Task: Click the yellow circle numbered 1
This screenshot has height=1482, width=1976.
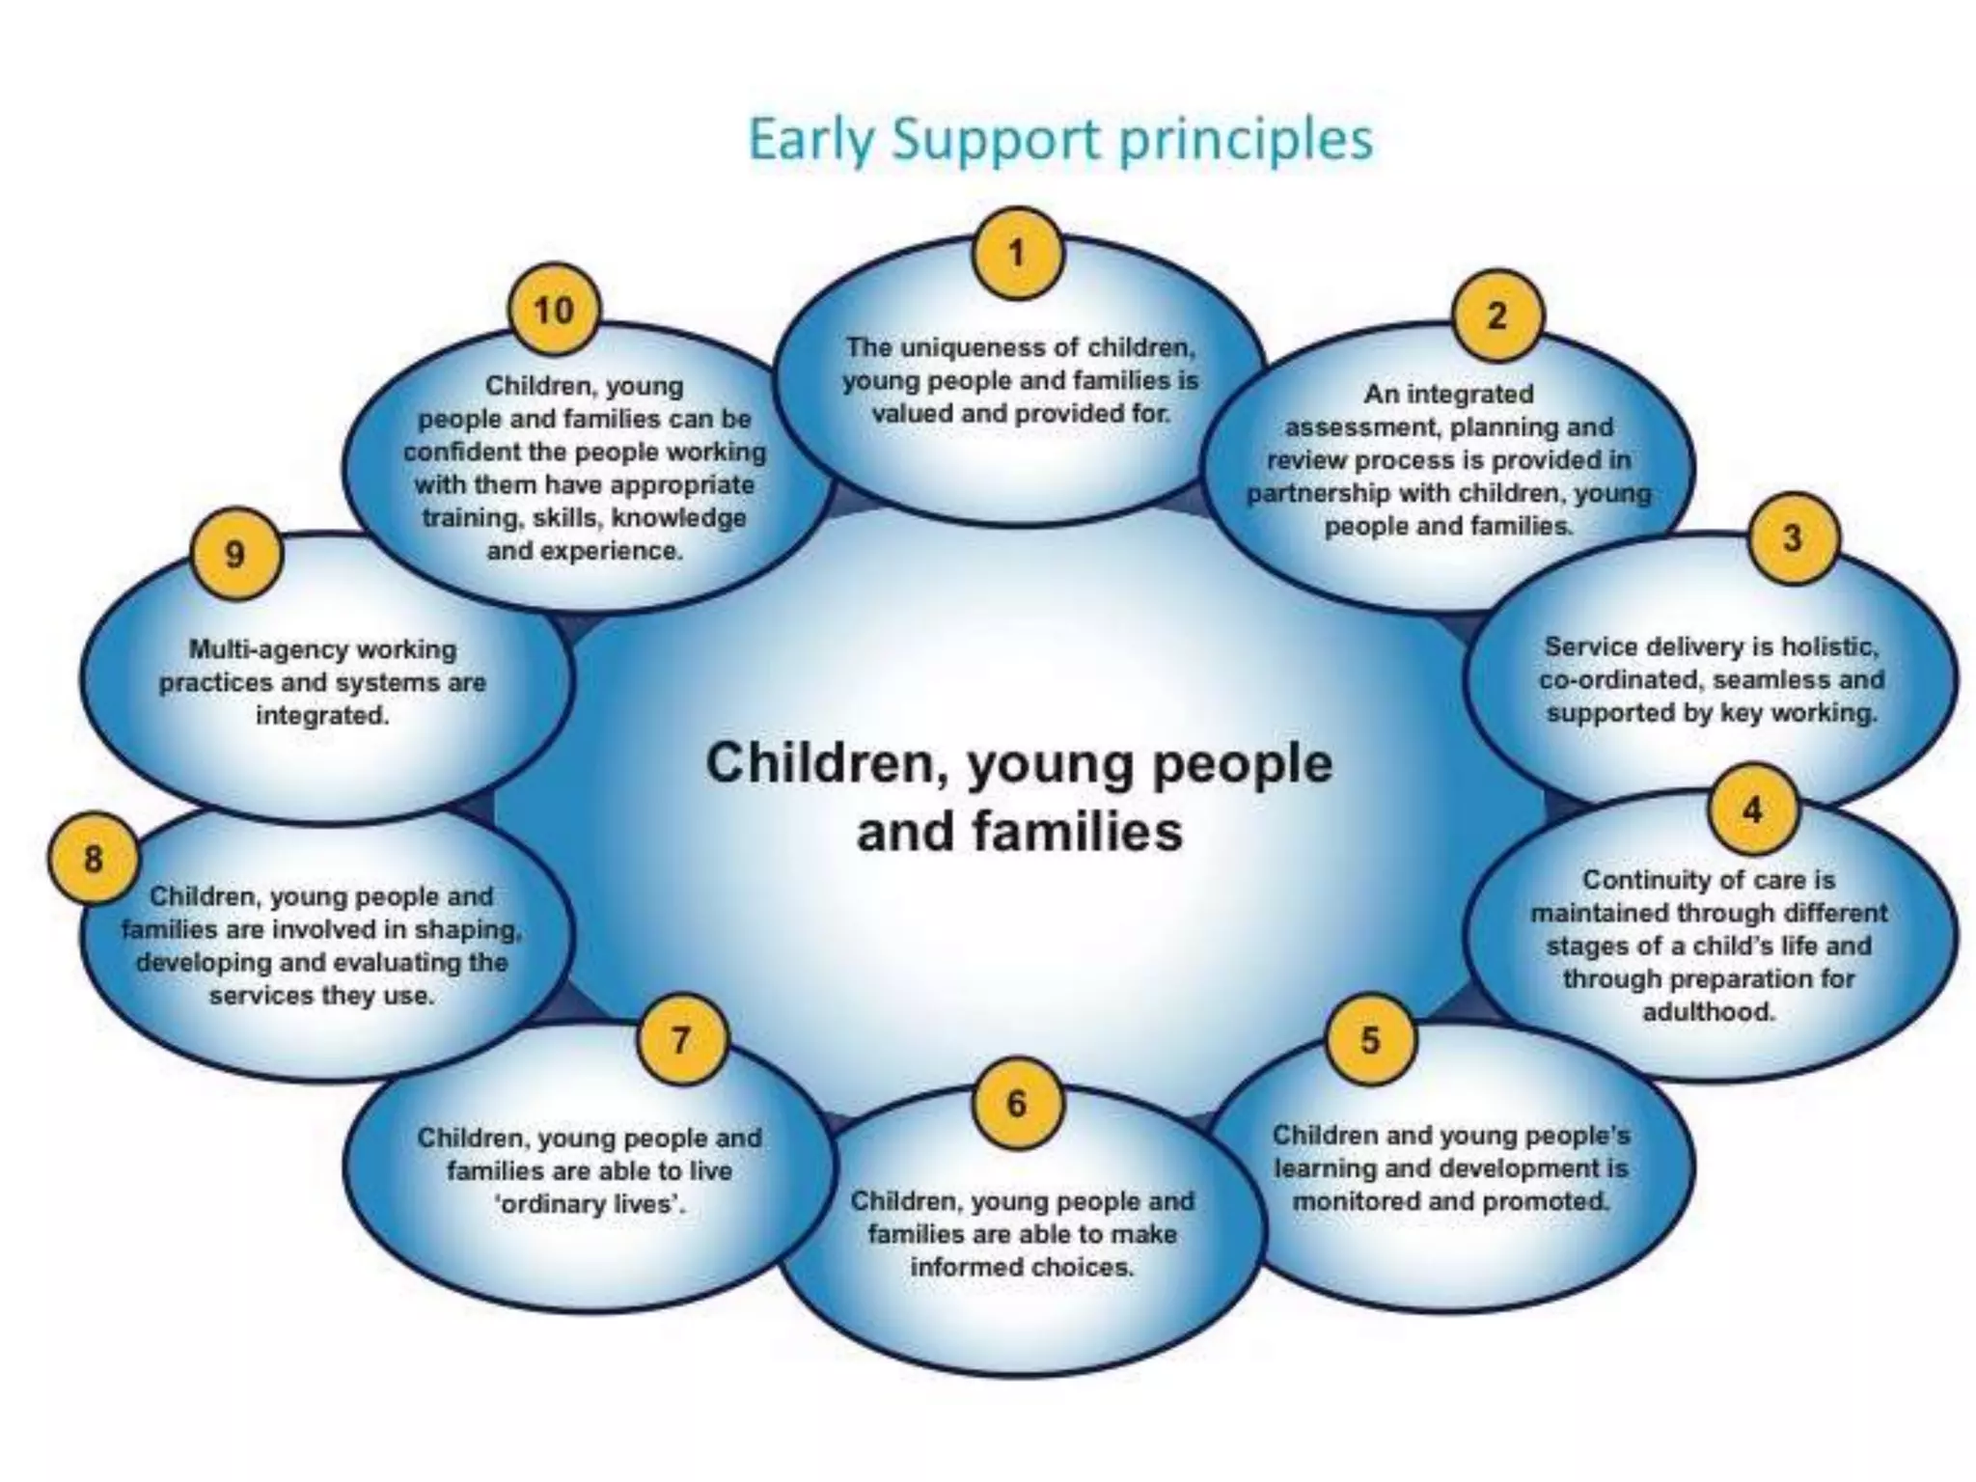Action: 1018,254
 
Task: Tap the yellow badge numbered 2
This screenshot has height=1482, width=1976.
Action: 1496,316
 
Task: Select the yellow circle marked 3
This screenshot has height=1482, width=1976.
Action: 1792,537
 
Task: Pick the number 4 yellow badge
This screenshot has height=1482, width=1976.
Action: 1753,810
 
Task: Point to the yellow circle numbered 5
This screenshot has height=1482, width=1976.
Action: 1370,1040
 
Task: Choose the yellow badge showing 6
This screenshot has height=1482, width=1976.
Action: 1017,1103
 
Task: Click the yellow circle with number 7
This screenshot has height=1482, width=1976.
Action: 681,1040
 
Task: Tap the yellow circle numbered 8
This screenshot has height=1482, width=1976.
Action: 94,858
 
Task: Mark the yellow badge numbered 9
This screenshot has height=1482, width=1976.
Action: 235,554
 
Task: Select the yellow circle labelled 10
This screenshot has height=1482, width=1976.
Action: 554,311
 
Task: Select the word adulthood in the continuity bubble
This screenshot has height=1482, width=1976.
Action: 1709,1012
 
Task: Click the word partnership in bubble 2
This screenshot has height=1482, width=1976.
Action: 1316,493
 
